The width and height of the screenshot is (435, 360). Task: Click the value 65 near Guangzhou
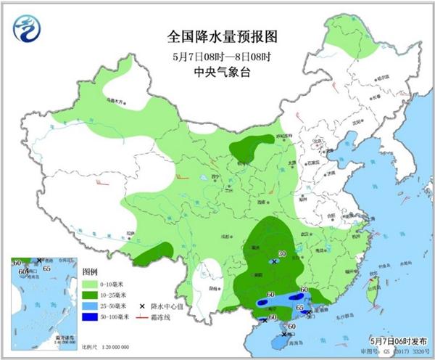(x=300, y=308)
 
